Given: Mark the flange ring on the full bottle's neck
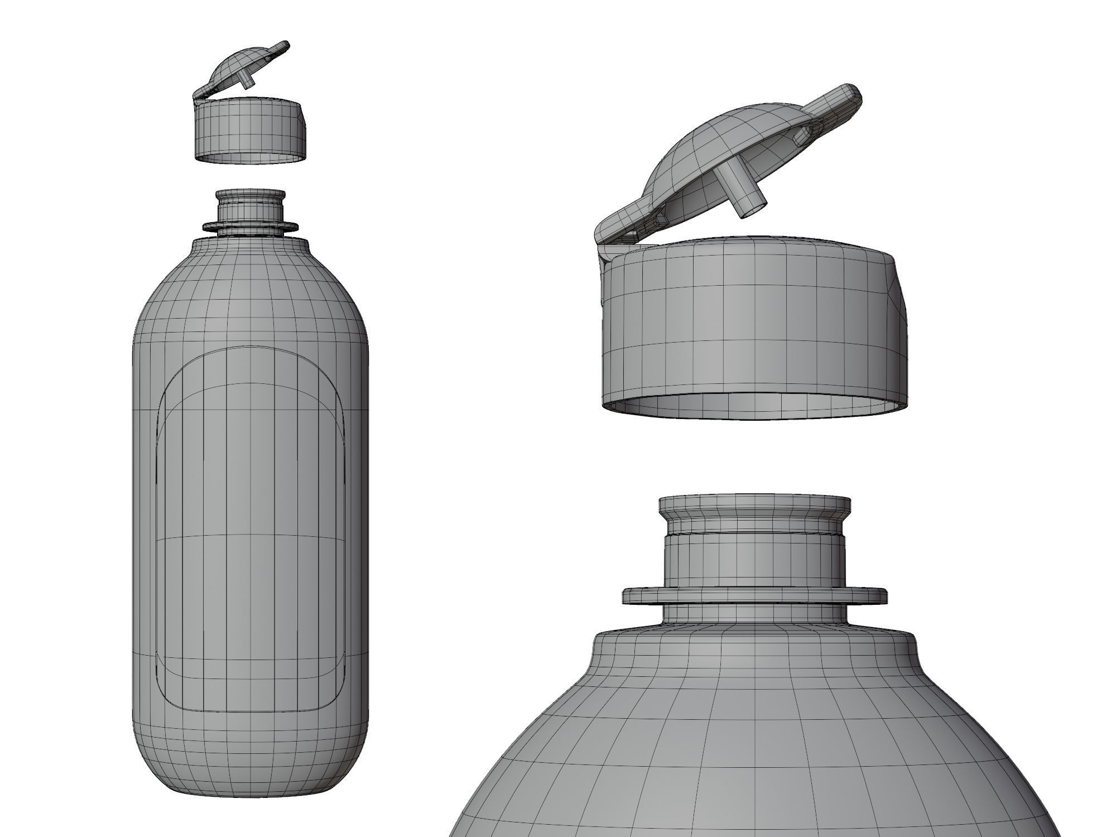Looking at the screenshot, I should point(251,227).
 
